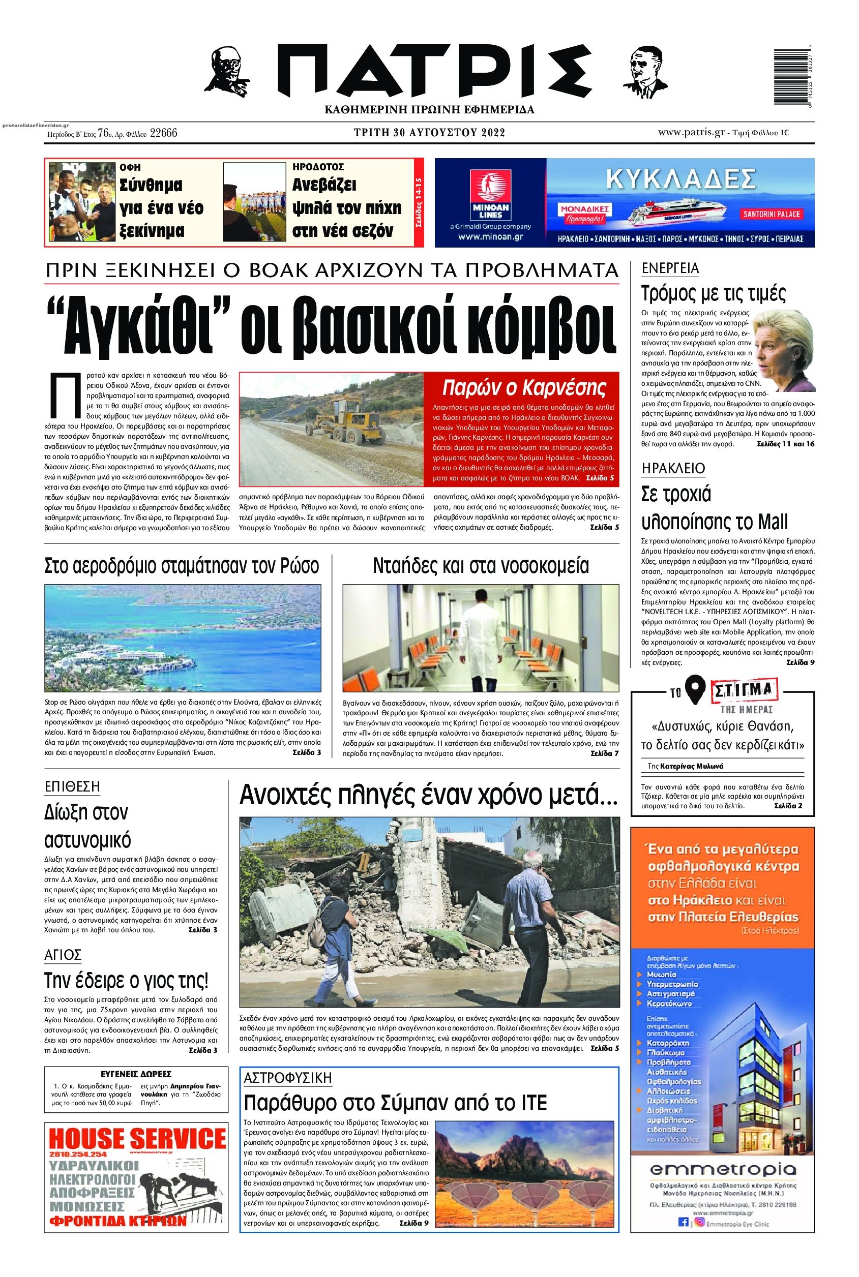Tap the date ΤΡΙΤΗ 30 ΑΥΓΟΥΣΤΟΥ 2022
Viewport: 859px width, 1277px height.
tap(429, 133)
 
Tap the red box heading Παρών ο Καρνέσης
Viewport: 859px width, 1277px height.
tap(525, 387)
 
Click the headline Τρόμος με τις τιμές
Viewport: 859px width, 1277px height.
tap(713, 294)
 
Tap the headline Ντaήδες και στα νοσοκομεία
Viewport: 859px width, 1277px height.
tap(481, 565)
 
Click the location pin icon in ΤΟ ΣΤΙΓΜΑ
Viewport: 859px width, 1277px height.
tap(695, 693)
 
